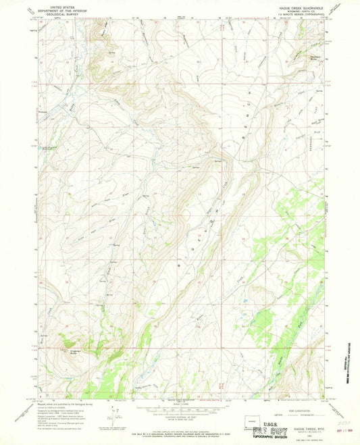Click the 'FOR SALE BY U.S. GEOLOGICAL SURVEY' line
[179, 423]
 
